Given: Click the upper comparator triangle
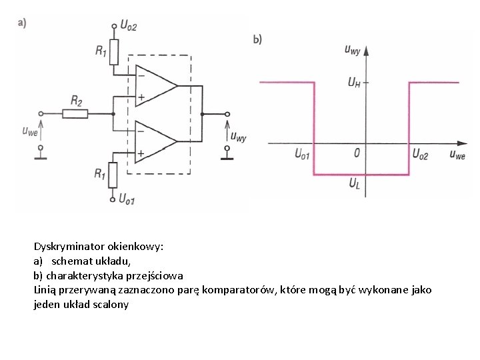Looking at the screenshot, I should tap(154, 85).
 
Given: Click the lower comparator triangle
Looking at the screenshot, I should tap(154, 141).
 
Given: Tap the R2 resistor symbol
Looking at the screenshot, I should tap(77, 113).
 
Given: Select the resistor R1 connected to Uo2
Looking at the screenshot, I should tap(114, 51).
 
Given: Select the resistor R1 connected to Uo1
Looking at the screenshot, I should tap(114, 175).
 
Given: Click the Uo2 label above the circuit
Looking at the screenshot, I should tap(128, 26).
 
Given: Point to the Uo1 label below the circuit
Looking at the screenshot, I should tap(127, 199).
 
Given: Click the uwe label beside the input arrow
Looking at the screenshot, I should tap(29, 131).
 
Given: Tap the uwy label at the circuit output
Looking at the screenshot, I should tap(238, 137).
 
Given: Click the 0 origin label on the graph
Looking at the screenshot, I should tap(357, 153).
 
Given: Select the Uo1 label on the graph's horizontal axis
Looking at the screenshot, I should tap(302, 154).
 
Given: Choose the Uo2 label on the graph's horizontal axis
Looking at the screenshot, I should tap(421, 154).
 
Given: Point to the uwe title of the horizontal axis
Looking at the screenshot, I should tap(457, 155).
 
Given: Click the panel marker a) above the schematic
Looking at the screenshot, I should tap(22, 23).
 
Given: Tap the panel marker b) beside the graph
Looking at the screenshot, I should tap(257, 39).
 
